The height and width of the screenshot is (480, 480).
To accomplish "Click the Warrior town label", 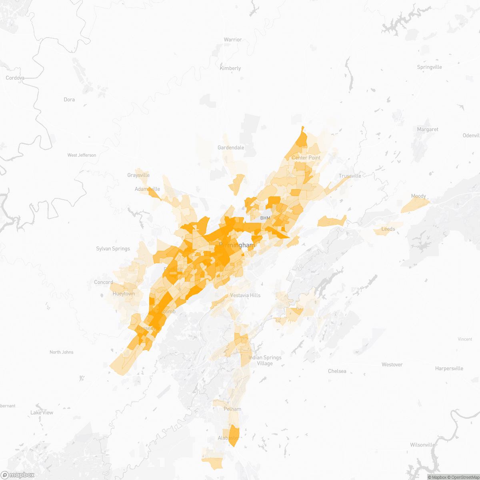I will tap(232, 40).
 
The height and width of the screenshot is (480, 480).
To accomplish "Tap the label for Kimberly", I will tap(230, 68).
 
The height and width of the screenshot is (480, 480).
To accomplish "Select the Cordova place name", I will tap(15, 78).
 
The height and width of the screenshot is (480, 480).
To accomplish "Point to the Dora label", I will tap(69, 100).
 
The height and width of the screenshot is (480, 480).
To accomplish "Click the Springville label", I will tap(429, 67).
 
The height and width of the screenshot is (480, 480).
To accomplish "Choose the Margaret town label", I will tap(428, 130).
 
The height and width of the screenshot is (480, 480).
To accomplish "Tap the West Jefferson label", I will tap(82, 155).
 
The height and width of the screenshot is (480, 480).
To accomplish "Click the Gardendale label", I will tap(231, 148).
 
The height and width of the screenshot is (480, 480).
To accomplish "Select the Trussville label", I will tap(350, 176).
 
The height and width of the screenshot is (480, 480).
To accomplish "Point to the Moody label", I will tap(418, 196).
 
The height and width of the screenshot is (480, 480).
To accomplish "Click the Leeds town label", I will tap(388, 229).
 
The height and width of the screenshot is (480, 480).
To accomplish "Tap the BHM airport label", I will tap(265, 218).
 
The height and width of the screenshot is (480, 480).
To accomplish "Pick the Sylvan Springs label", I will tap(113, 249).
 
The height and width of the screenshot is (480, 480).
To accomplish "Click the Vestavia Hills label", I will tap(245, 296).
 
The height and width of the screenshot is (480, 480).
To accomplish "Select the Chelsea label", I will tap(337, 371).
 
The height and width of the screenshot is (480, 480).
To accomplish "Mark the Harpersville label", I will tap(449, 368).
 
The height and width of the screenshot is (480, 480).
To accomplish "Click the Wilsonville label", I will tap(422, 445).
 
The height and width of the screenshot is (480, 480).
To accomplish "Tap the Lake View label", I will tap(42, 412).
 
